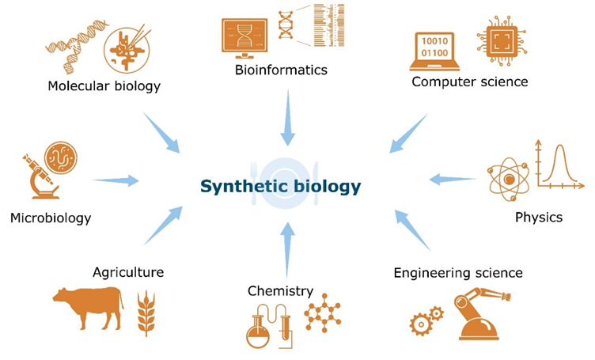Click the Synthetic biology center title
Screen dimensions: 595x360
pos(280,187)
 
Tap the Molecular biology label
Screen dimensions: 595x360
pos(104,85)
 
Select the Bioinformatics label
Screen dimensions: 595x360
pos(281,70)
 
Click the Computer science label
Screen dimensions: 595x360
pos(469,81)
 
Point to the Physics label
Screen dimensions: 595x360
pos(538,217)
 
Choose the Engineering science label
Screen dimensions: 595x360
pos(458,273)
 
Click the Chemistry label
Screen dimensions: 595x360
pos(280,291)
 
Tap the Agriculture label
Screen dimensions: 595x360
pos(128,272)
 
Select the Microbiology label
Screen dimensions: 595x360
pos(51,218)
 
